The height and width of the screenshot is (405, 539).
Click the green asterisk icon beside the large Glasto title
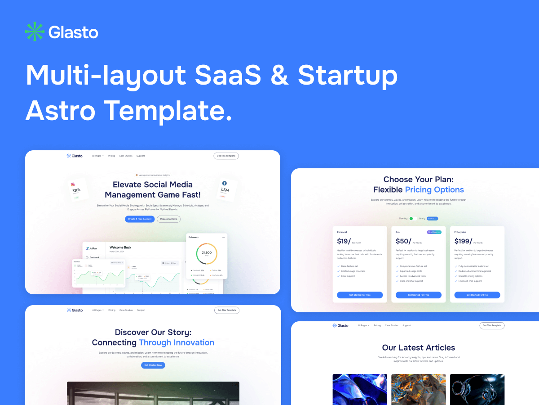click(35, 32)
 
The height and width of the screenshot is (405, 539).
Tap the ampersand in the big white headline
click(279, 75)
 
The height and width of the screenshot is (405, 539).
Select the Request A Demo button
click(168, 219)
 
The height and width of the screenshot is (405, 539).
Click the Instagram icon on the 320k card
click(72, 184)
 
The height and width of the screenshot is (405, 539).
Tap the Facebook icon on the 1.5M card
click(224, 184)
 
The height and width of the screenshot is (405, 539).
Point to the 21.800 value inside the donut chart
click(207, 253)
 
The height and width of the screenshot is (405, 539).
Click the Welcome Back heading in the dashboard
click(120, 247)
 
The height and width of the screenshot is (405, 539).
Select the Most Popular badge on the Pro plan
click(434, 232)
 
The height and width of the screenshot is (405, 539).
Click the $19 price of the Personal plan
click(343, 241)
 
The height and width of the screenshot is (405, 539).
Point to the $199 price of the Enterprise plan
click(462, 241)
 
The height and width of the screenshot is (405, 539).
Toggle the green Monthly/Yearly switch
click(413, 219)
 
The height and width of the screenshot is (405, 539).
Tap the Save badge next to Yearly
click(432, 219)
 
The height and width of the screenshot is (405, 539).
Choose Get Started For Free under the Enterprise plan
click(477, 295)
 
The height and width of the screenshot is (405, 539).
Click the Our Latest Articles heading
click(419, 347)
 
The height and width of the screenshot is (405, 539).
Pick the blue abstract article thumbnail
click(360, 389)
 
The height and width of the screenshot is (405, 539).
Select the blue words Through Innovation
click(177, 342)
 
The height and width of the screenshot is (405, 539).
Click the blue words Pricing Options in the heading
click(434, 189)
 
